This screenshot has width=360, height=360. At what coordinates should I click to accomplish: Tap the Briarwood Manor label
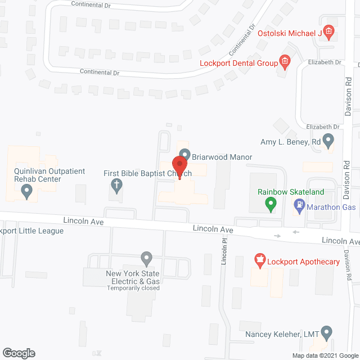[x=222, y=157]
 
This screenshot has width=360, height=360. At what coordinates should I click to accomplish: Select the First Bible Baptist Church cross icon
[x=116, y=184]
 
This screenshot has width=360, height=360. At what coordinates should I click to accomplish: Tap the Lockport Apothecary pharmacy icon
[x=259, y=260]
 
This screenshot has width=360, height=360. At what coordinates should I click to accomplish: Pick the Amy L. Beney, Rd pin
[x=330, y=141]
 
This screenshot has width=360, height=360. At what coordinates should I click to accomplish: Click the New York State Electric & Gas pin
[x=146, y=259]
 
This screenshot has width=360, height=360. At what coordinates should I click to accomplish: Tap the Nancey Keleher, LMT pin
[x=327, y=334]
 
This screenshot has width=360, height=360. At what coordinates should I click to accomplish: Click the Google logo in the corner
[x=18, y=353]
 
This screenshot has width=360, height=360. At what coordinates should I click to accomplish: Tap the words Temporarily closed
[x=133, y=288]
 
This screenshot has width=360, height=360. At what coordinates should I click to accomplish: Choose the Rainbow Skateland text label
[x=291, y=192]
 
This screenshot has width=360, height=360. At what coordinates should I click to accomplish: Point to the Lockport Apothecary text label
[x=304, y=262]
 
